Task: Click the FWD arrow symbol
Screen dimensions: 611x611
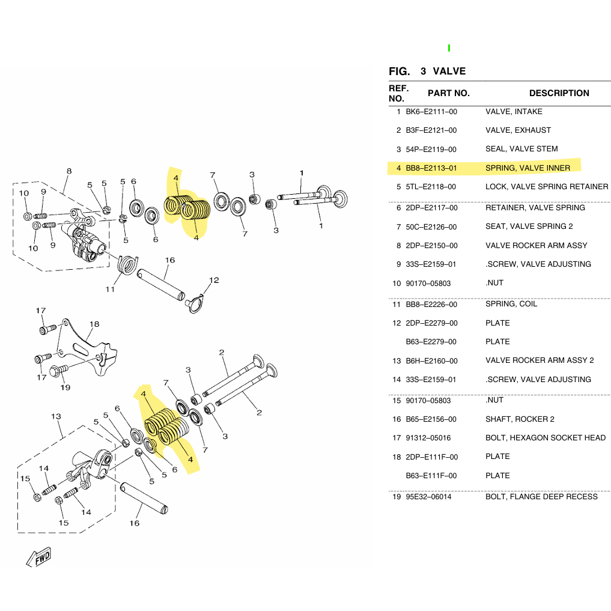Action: pyautogui.click(x=39, y=557)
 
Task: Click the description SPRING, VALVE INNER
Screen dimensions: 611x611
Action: pyautogui.click(x=527, y=168)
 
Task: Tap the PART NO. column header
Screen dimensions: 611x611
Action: pyautogui.click(x=448, y=93)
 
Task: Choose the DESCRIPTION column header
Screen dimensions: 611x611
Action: pyautogui.click(x=559, y=93)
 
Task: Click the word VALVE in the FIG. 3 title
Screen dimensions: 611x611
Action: pyautogui.click(x=449, y=71)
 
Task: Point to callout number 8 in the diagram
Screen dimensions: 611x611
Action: pyautogui.click(x=69, y=171)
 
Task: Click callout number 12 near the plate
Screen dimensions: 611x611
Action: pyautogui.click(x=214, y=280)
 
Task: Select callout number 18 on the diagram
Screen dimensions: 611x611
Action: pyautogui.click(x=94, y=324)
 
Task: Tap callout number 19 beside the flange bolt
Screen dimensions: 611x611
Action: pyautogui.click(x=65, y=388)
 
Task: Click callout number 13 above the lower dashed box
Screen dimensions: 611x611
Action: pyautogui.click(x=56, y=416)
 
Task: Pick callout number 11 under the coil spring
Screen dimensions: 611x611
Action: pyautogui.click(x=111, y=290)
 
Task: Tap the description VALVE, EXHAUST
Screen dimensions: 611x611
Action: pyautogui.click(x=518, y=130)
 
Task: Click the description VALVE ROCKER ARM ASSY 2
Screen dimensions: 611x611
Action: pyautogui.click(x=540, y=360)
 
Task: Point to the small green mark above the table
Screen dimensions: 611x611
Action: pyautogui.click(x=449, y=48)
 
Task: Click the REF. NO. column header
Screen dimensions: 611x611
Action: pyautogui.click(x=399, y=93)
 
